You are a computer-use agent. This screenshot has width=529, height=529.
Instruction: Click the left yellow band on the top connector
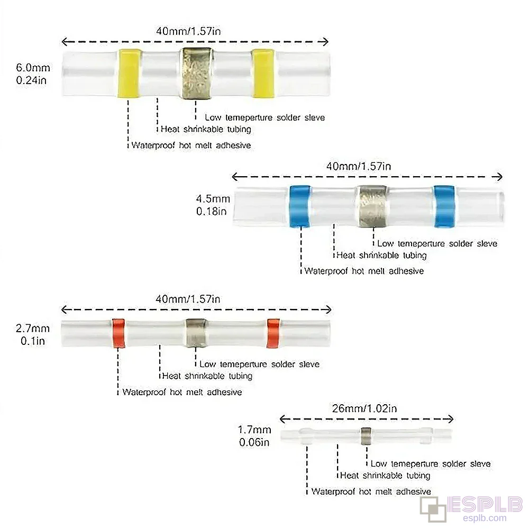[129, 73]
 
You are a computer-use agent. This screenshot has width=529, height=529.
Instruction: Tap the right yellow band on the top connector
[263, 73]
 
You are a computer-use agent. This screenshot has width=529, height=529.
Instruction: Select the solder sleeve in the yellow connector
[196, 74]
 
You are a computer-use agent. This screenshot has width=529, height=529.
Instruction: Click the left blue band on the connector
[300, 206]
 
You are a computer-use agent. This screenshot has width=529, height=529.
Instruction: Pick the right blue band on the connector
[444, 206]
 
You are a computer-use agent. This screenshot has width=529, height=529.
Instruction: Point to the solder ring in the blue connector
[372, 206]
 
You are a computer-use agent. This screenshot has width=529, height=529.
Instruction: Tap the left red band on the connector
[118, 333]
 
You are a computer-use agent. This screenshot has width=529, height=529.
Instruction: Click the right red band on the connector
[273, 333]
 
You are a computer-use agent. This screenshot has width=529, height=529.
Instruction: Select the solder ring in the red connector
[196, 333]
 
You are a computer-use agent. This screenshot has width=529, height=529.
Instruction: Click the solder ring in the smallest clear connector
[366, 436]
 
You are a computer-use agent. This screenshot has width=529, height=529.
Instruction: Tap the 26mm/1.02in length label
[364, 408]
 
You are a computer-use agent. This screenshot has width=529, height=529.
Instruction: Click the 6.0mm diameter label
[33, 68]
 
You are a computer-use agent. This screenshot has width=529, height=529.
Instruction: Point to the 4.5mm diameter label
[213, 199]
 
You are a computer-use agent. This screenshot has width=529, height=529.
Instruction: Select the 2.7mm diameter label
[33, 329]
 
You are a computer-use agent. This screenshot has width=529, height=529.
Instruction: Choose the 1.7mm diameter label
[254, 430]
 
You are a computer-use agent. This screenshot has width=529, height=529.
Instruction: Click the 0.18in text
[212, 212]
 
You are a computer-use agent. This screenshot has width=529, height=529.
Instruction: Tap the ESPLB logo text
[485, 505]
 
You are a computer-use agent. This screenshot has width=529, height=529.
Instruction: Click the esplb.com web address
[485, 518]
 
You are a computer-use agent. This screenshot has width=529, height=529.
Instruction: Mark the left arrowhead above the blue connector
[236, 177]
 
